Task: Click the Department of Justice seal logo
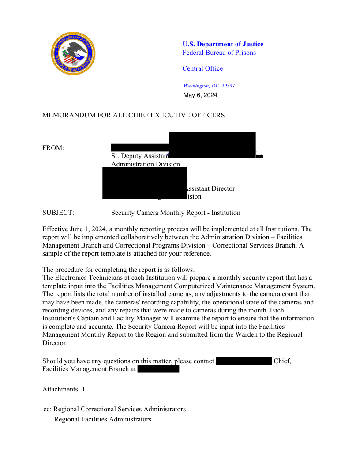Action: click(x=73, y=53)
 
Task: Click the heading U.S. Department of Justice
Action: click(x=223, y=44)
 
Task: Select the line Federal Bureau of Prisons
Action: click(x=219, y=53)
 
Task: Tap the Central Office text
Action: click(x=202, y=68)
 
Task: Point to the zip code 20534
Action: click(x=228, y=86)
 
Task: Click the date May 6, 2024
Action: click(x=200, y=95)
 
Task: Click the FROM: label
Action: click(x=53, y=148)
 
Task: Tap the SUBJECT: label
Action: click(x=58, y=213)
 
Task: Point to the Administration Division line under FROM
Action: click(x=146, y=164)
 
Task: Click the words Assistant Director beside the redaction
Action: click(x=208, y=188)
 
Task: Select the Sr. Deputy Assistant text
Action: click(x=140, y=156)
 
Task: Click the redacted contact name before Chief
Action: click(x=244, y=361)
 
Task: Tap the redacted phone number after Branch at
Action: click(x=158, y=369)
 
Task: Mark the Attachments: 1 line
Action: click(x=64, y=389)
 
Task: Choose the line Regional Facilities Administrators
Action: click(x=102, y=419)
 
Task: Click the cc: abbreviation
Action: click(x=47, y=409)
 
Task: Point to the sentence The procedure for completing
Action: click(x=118, y=270)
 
